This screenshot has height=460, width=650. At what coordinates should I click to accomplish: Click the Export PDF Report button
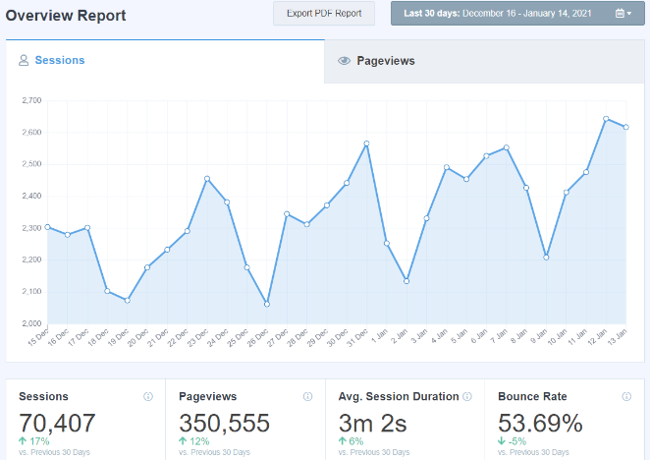pos(324,14)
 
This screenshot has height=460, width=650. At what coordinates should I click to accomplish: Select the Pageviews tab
pos(385,61)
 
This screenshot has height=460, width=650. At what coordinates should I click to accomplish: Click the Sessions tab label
pos(60,61)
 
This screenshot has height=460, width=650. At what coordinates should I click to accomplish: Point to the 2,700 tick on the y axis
pos(30,100)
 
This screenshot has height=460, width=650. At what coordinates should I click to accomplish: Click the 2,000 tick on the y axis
pos(30,323)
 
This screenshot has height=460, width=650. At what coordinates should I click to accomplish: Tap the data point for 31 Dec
pos(366,144)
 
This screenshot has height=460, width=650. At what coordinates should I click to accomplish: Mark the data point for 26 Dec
pos(267,304)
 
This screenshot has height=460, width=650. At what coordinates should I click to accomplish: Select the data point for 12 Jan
pos(606,119)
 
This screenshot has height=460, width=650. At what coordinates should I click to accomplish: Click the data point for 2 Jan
pos(406,281)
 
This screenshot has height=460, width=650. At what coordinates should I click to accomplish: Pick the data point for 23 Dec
pos(207,178)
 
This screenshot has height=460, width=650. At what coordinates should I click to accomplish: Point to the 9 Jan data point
pos(546,257)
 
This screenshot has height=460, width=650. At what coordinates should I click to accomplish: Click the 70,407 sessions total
pos(58,424)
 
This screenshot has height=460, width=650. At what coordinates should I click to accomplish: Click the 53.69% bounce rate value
pos(540,424)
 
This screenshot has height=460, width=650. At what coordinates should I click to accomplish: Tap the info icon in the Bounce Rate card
pos(626,397)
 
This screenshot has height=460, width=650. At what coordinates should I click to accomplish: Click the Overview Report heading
pos(66,15)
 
